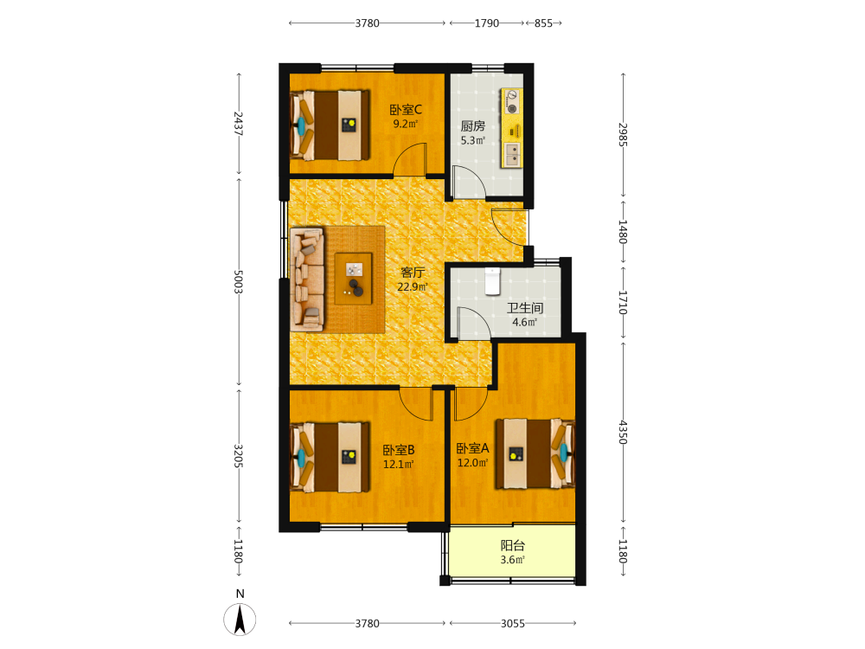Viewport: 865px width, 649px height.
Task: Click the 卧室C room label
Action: pyautogui.click(x=406, y=110)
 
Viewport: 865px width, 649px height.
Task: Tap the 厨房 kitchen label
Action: pyautogui.click(x=473, y=126)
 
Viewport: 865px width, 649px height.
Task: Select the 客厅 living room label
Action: pyautogui.click(x=413, y=273)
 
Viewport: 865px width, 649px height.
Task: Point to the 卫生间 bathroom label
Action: pyautogui.click(x=525, y=308)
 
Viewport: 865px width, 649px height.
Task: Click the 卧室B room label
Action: pyautogui.click(x=398, y=450)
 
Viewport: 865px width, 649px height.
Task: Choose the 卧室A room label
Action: pyautogui.click(x=473, y=448)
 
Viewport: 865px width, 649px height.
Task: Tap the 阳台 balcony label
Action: pyautogui.click(x=512, y=546)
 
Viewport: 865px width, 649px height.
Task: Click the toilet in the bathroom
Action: pyautogui.click(x=491, y=281)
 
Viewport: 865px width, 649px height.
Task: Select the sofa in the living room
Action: pyautogui.click(x=307, y=280)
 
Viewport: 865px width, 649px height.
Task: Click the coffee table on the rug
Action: pyautogui.click(x=353, y=279)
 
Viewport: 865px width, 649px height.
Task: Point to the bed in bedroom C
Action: pyautogui.click(x=330, y=125)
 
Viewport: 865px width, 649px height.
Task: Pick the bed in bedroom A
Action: pyautogui.click(x=535, y=453)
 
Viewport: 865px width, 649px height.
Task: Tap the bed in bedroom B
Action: pyautogui.click(x=330, y=457)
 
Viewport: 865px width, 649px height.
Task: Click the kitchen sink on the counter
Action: pyautogui.click(x=512, y=155)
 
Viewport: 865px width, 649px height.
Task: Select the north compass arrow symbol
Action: pyautogui.click(x=240, y=620)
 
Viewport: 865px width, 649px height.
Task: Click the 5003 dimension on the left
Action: pyautogui.click(x=239, y=282)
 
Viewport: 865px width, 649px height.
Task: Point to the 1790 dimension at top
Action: pyautogui.click(x=486, y=23)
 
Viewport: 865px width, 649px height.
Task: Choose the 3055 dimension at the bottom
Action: pyautogui.click(x=512, y=624)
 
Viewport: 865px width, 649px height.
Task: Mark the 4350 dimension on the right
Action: pyautogui.click(x=623, y=432)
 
